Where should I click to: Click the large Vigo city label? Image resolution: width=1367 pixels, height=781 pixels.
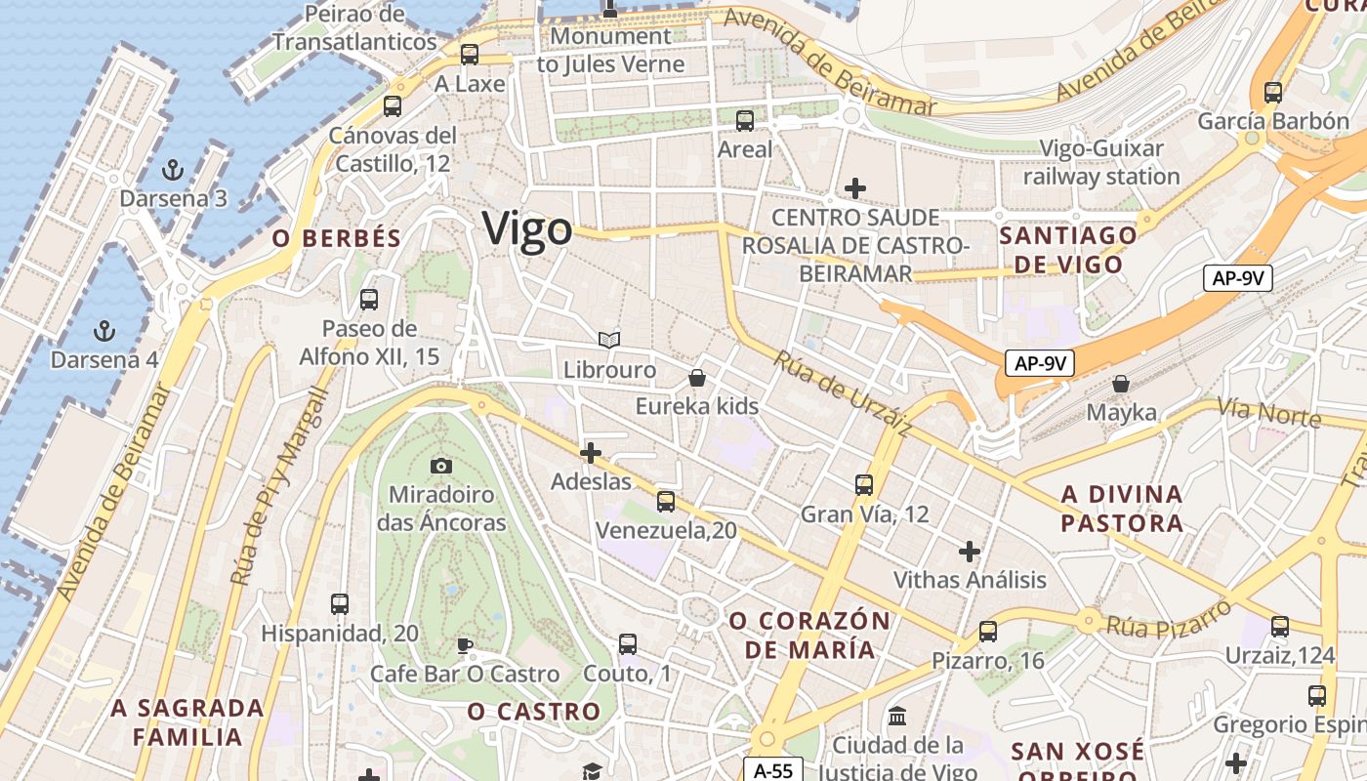(527, 229)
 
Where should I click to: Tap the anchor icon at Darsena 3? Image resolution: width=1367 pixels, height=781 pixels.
(173, 170)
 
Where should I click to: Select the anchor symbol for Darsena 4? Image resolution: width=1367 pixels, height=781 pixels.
(104, 330)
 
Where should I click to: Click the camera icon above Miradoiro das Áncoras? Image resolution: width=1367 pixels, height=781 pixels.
(441, 466)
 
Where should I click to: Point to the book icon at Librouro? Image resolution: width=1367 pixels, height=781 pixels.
(609, 340)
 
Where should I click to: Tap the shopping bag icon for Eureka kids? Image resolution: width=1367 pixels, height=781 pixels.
(697, 377)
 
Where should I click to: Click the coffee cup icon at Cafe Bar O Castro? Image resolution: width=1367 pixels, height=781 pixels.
(465, 645)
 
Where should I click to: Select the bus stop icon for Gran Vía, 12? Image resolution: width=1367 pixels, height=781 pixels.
(864, 484)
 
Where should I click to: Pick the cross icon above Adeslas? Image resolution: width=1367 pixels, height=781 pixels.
(591, 453)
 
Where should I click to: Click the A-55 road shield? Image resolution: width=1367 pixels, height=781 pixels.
(773, 770)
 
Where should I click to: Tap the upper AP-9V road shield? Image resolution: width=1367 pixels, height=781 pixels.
(1238, 278)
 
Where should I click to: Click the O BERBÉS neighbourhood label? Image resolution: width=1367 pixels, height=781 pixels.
(337, 238)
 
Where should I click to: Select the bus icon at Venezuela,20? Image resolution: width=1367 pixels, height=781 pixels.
(666, 502)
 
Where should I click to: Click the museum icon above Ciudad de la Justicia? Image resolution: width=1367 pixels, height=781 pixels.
(897, 717)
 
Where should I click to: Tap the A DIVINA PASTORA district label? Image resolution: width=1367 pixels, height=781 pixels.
(1122, 509)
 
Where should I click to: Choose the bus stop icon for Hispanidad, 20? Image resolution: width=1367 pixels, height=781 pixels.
(340, 604)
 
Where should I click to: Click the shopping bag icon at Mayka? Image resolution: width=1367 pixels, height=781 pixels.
(1121, 384)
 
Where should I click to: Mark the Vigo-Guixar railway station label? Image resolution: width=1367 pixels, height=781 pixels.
(1101, 163)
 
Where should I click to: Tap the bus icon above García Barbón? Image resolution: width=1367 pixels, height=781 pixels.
(1272, 93)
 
